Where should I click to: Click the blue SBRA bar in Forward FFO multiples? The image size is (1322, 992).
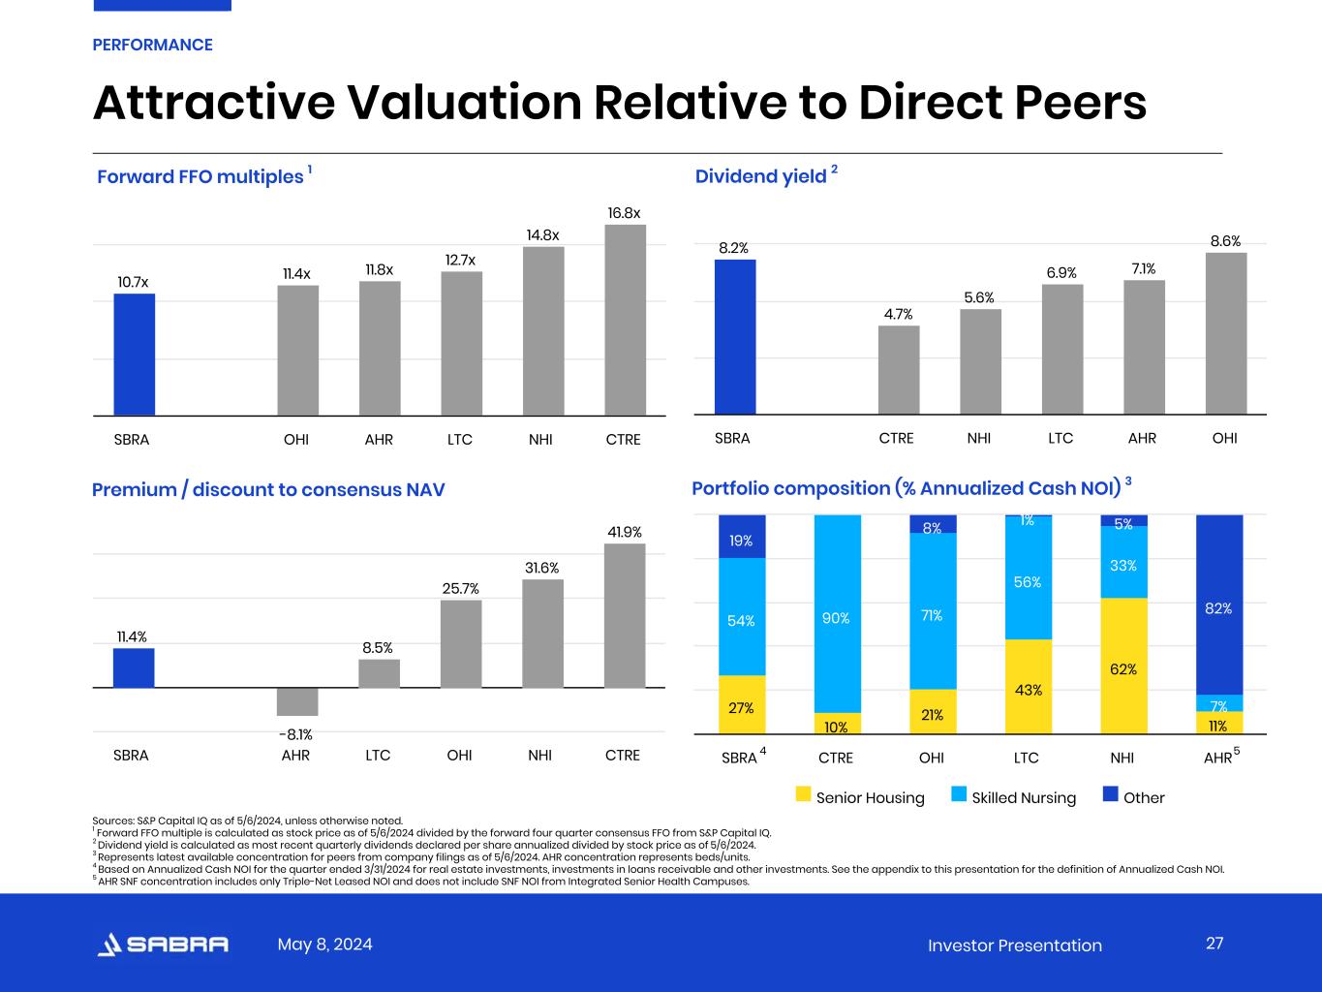(x=134, y=355)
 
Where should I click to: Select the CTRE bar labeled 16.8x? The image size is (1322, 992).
(x=625, y=320)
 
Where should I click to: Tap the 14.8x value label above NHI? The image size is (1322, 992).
(x=542, y=235)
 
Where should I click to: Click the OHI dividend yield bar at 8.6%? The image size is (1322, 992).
(x=1225, y=333)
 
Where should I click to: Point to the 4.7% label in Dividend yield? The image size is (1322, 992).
(x=898, y=314)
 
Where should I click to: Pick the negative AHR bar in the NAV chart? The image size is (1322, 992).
(x=296, y=701)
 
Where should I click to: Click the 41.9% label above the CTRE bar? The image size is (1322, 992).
(x=624, y=532)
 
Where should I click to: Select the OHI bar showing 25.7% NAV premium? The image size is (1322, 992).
(x=460, y=644)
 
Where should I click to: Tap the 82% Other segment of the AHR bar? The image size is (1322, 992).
(x=1218, y=604)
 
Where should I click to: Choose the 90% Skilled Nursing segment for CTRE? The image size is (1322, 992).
(x=837, y=614)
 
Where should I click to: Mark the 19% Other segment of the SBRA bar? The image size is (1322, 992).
(x=742, y=537)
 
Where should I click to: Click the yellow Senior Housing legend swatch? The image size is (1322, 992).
(x=803, y=795)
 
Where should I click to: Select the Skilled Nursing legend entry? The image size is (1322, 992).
(x=1023, y=797)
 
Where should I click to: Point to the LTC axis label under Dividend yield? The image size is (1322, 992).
(x=1061, y=438)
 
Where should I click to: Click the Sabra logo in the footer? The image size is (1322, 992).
(x=164, y=945)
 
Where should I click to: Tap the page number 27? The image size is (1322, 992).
(x=1214, y=944)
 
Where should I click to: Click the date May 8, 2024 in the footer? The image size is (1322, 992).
(x=324, y=945)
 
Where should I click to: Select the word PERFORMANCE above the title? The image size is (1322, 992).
(x=152, y=45)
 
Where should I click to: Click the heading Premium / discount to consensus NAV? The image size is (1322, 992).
(x=268, y=489)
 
